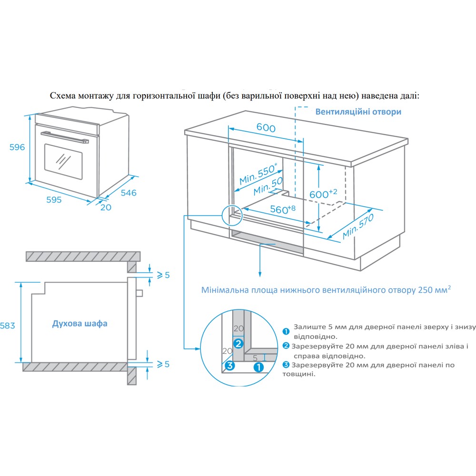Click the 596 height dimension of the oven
coord(17,147)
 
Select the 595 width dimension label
coord(54,200)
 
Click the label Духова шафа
coord(79,324)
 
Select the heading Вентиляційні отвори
coord(358,112)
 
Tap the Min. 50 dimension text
coord(268,186)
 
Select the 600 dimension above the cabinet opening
coord(266,128)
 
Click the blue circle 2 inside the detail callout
coord(238,343)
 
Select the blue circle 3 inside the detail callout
coord(229,366)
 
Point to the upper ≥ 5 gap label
coord(163,275)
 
